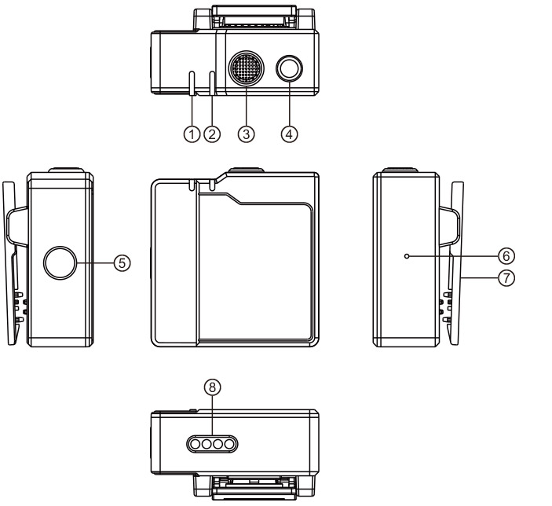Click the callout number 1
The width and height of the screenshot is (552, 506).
[191, 134]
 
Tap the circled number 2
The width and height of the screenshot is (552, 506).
[211, 134]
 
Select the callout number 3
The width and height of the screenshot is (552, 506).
[247, 134]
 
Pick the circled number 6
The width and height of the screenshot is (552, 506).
[506, 256]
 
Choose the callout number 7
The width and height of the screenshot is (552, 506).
[506, 277]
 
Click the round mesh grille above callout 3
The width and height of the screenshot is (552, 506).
[247, 71]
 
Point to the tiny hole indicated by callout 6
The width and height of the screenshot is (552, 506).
[406, 256]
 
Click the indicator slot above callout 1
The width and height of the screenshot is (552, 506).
[192, 80]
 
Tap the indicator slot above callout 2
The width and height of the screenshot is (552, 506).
[212, 80]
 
